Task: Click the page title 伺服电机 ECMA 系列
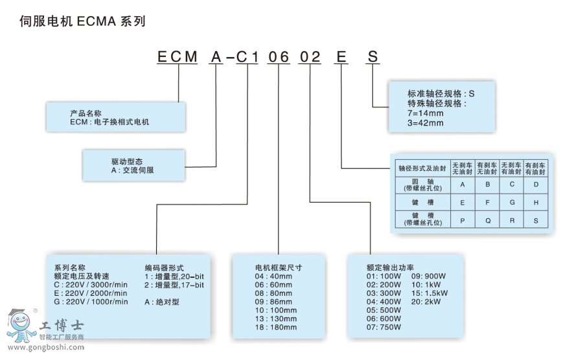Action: [x=82, y=21]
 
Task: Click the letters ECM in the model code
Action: [x=177, y=57]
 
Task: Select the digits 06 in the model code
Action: [x=279, y=57]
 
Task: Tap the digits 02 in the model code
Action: [x=310, y=57]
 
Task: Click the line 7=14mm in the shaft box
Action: [x=426, y=113]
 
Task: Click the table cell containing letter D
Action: [x=536, y=185]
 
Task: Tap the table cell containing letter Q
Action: [x=487, y=219]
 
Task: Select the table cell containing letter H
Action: [x=536, y=202]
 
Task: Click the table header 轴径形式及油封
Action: [x=424, y=168]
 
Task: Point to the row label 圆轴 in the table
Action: [x=424, y=185]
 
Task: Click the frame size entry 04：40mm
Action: [x=274, y=276]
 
